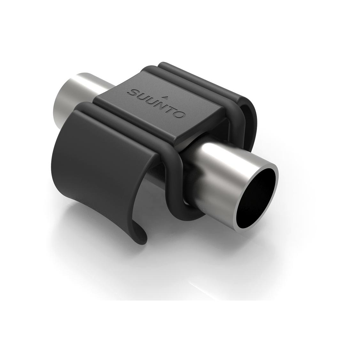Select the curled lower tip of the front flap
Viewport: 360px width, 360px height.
[142, 234]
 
